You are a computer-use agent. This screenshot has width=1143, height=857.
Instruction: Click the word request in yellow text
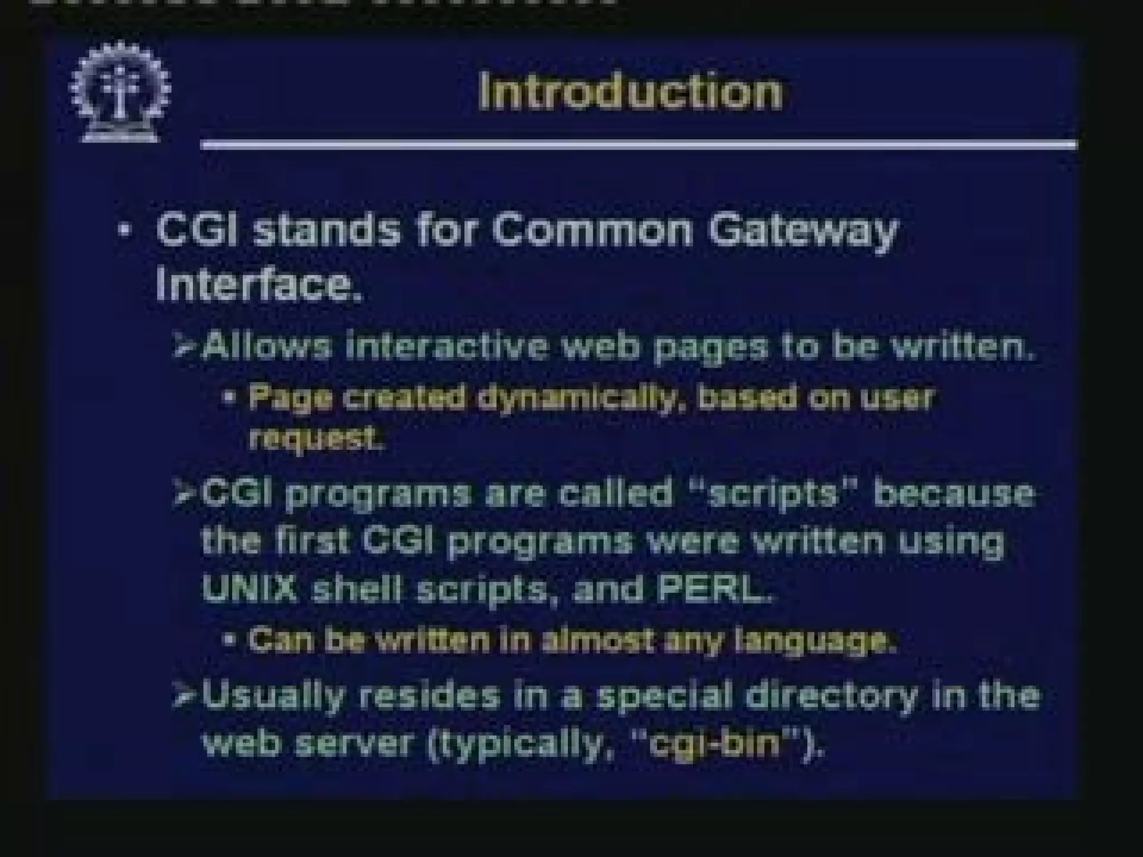click(x=316, y=440)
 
